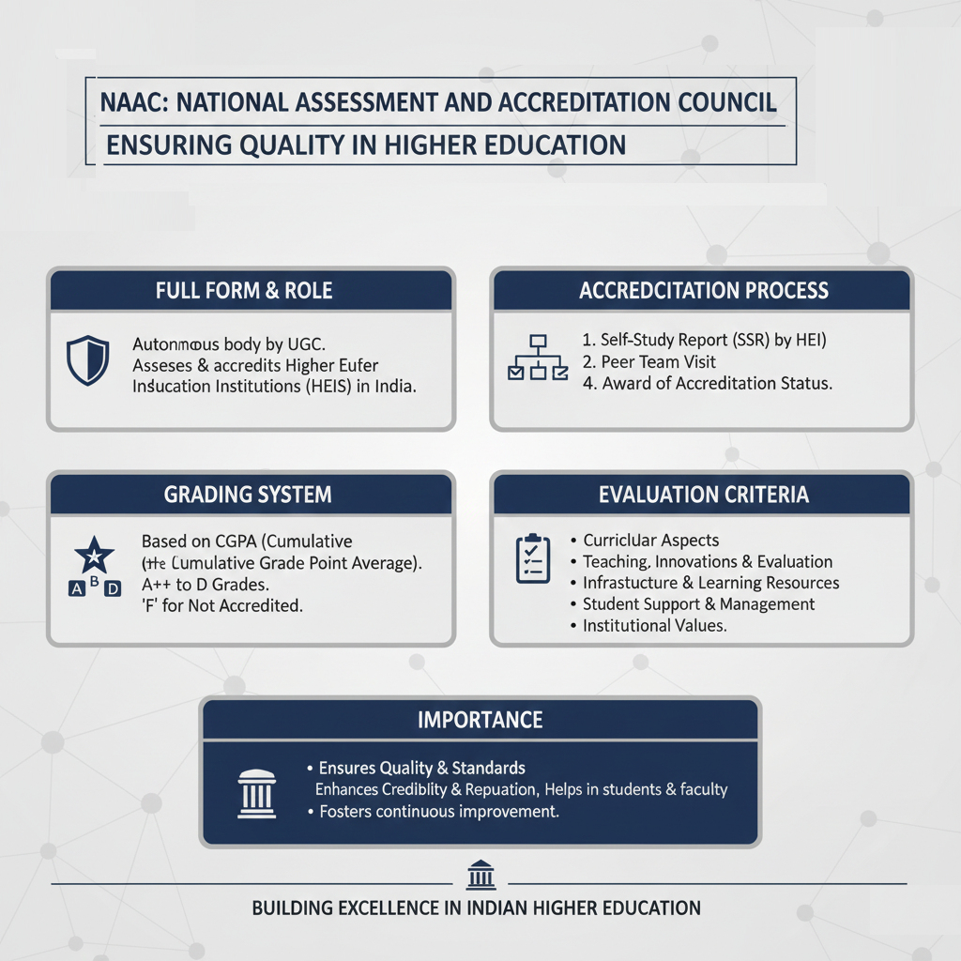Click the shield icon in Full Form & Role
[x=87, y=360]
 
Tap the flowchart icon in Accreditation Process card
[x=538, y=358]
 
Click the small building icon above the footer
[x=480, y=877]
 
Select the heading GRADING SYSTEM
[x=248, y=494]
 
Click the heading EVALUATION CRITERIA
[x=703, y=494]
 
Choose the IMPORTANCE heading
[x=480, y=720]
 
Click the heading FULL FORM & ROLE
[x=244, y=291]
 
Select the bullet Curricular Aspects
[x=650, y=540]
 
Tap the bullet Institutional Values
[x=654, y=625]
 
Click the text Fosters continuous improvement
[x=438, y=811]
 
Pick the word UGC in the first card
[x=315, y=343]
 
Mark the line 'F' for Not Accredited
[x=221, y=605]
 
